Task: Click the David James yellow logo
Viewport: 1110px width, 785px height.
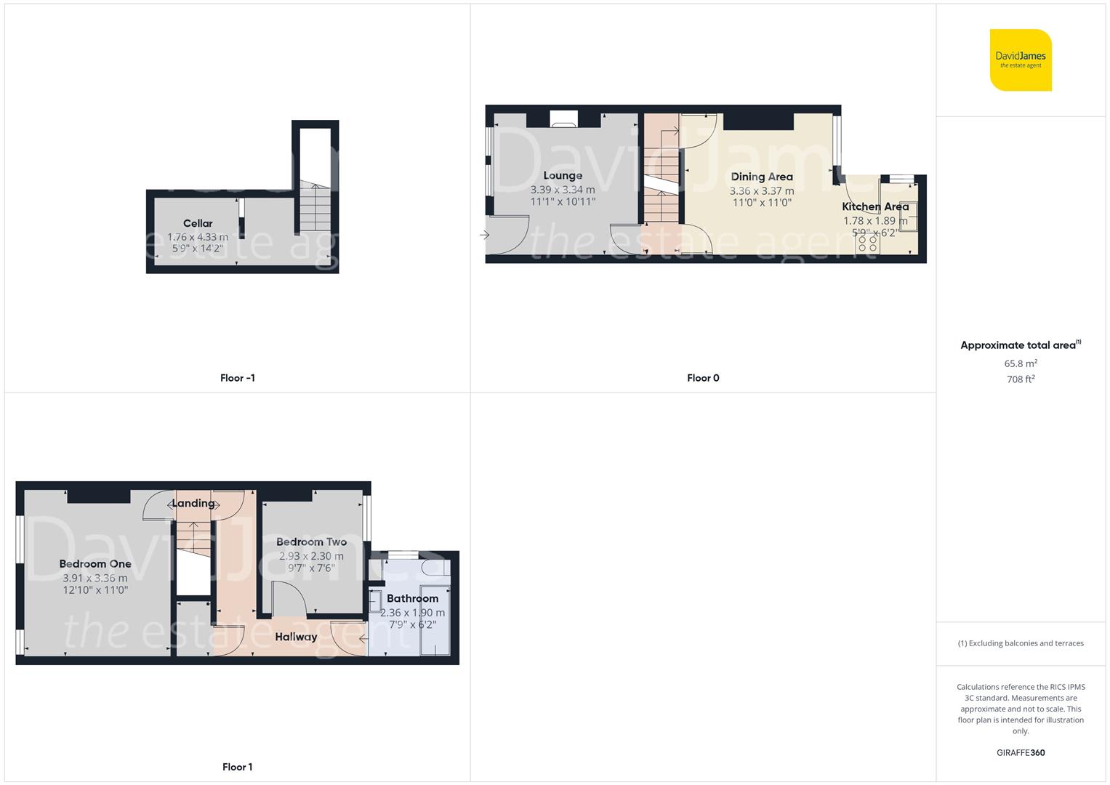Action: point(1021,60)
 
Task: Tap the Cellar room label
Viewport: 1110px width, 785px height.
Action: point(198,223)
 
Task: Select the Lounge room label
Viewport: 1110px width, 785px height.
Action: point(563,175)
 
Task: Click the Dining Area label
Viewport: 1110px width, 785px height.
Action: point(762,177)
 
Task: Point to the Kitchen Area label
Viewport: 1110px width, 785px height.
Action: point(875,206)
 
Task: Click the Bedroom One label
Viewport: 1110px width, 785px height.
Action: point(95,563)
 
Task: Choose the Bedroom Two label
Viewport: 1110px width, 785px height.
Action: point(311,542)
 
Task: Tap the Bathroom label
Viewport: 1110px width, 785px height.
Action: point(412,598)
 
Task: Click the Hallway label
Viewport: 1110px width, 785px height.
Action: point(296,637)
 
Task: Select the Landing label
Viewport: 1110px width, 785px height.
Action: point(193,503)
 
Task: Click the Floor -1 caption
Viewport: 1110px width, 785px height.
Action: point(237,378)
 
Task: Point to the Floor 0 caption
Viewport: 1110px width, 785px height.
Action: point(703,378)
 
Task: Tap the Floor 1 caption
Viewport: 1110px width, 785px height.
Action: point(237,767)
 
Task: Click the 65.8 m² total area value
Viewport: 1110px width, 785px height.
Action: point(1021,363)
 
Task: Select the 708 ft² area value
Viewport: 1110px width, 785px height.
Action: point(1021,379)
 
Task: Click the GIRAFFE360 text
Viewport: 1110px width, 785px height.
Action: point(1021,753)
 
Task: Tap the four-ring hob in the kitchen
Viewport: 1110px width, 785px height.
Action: point(868,243)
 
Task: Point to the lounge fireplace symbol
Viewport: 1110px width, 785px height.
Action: point(563,119)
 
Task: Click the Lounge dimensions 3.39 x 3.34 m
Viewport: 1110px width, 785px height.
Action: point(563,190)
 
